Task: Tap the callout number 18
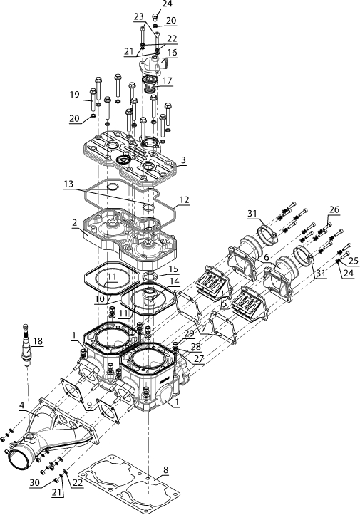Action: click(x=38, y=341)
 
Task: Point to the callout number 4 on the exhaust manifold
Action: click(x=21, y=405)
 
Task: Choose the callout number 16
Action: click(x=173, y=53)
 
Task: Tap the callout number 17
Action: click(x=167, y=80)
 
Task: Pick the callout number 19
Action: click(x=74, y=95)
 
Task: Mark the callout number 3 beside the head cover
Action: click(x=183, y=160)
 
